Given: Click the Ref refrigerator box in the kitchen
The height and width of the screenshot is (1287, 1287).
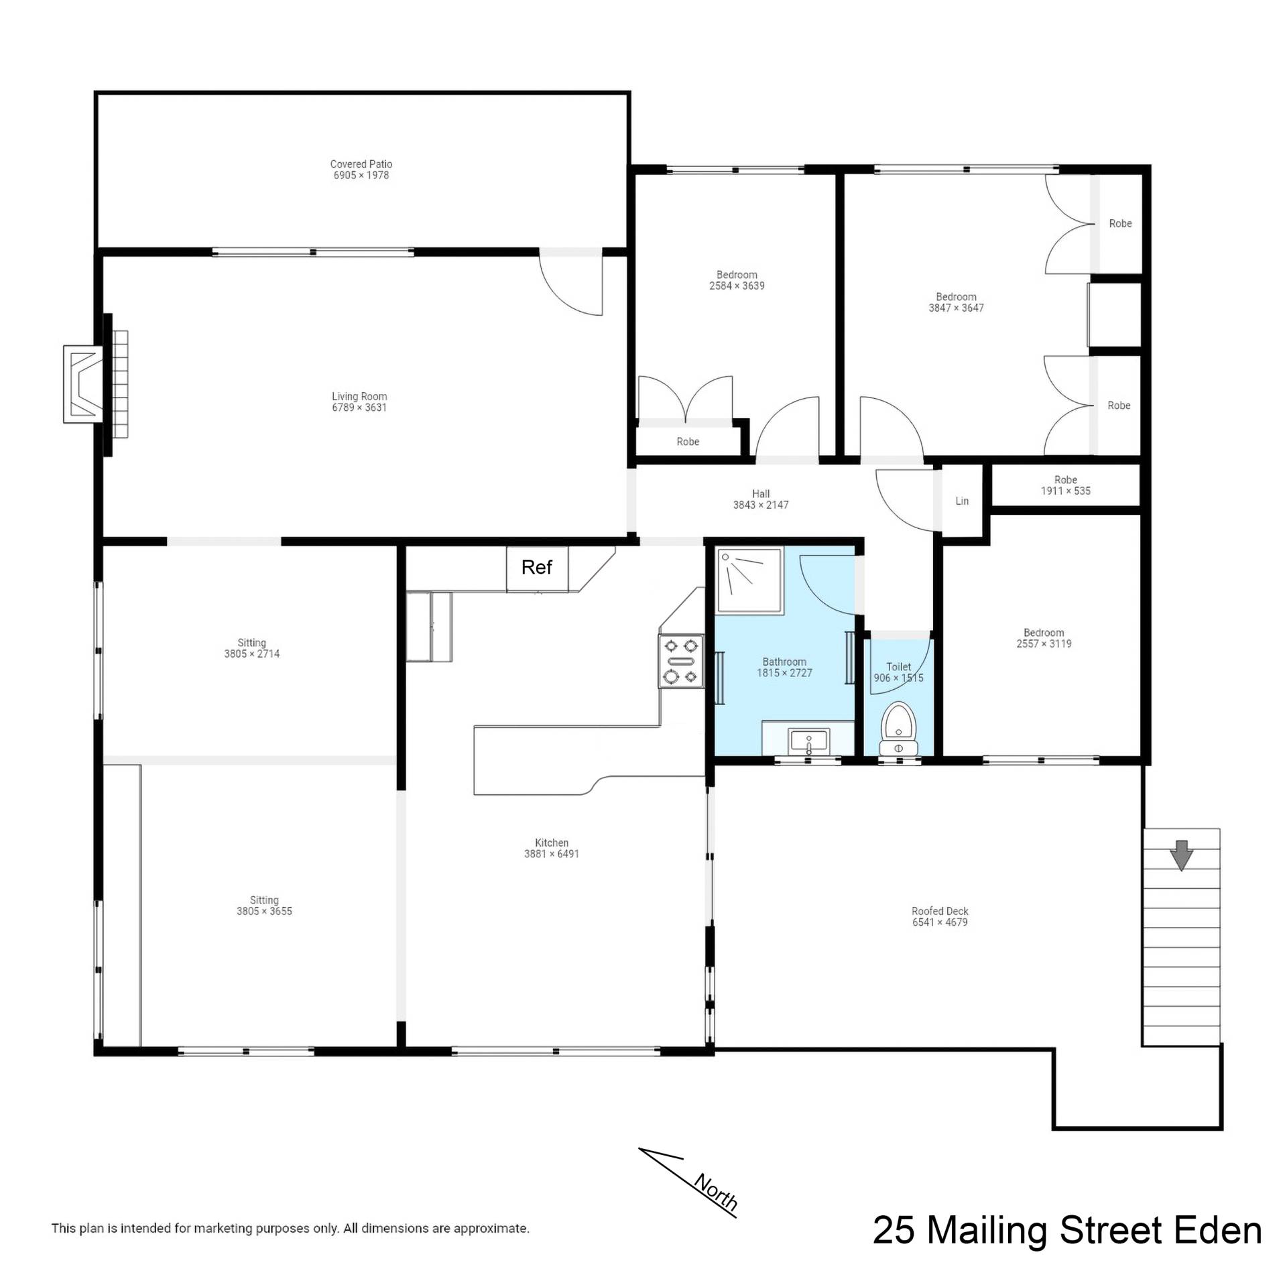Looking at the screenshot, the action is [537, 569].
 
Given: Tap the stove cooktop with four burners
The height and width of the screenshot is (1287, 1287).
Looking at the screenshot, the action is [681, 661].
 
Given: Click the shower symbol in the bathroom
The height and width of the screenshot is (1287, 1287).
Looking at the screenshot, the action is [749, 580].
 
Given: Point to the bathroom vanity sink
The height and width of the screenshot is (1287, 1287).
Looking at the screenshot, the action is [809, 741].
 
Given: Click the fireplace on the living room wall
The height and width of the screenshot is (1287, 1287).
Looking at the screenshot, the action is [95, 384].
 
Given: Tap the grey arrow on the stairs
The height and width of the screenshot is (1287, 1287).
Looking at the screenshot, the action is [1181, 855].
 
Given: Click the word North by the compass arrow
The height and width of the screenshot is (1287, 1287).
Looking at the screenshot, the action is [716, 1192].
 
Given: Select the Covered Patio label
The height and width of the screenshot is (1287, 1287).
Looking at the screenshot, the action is [361, 164].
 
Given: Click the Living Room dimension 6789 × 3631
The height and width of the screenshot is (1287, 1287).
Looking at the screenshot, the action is [359, 408].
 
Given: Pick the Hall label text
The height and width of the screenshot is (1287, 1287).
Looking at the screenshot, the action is [761, 494].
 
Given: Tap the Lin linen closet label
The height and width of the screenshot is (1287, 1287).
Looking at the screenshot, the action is [962, 501].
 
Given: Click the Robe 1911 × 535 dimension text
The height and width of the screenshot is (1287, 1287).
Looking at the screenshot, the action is [1066, 491].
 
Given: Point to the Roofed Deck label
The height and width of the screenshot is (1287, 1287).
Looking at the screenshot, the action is [940, 911].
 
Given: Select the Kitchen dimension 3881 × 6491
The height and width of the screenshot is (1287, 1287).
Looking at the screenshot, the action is [552, 854].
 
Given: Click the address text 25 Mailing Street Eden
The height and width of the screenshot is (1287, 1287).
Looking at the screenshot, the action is [1067, 1231].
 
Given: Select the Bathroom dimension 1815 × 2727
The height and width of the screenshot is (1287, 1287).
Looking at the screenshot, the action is [784, 673].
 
